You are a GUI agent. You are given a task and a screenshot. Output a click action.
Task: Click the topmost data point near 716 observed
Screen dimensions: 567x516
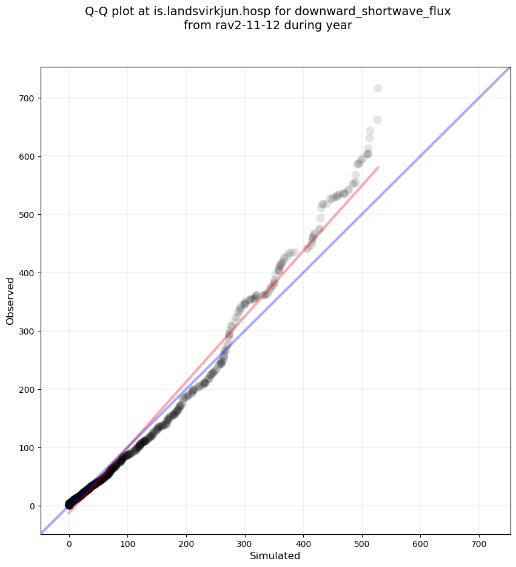[x=378, y=89]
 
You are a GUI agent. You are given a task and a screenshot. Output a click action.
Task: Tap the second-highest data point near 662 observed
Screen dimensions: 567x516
[x=377, y=120]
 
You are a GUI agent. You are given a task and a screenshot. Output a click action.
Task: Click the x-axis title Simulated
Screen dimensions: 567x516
[x=275, y=555]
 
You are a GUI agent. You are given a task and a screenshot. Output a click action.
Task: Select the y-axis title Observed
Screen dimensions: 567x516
[x=10, y=300]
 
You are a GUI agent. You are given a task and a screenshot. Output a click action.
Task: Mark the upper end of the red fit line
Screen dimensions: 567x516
[x=378, y=166]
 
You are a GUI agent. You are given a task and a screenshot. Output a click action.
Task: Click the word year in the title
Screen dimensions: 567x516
[x=340, y=25]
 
